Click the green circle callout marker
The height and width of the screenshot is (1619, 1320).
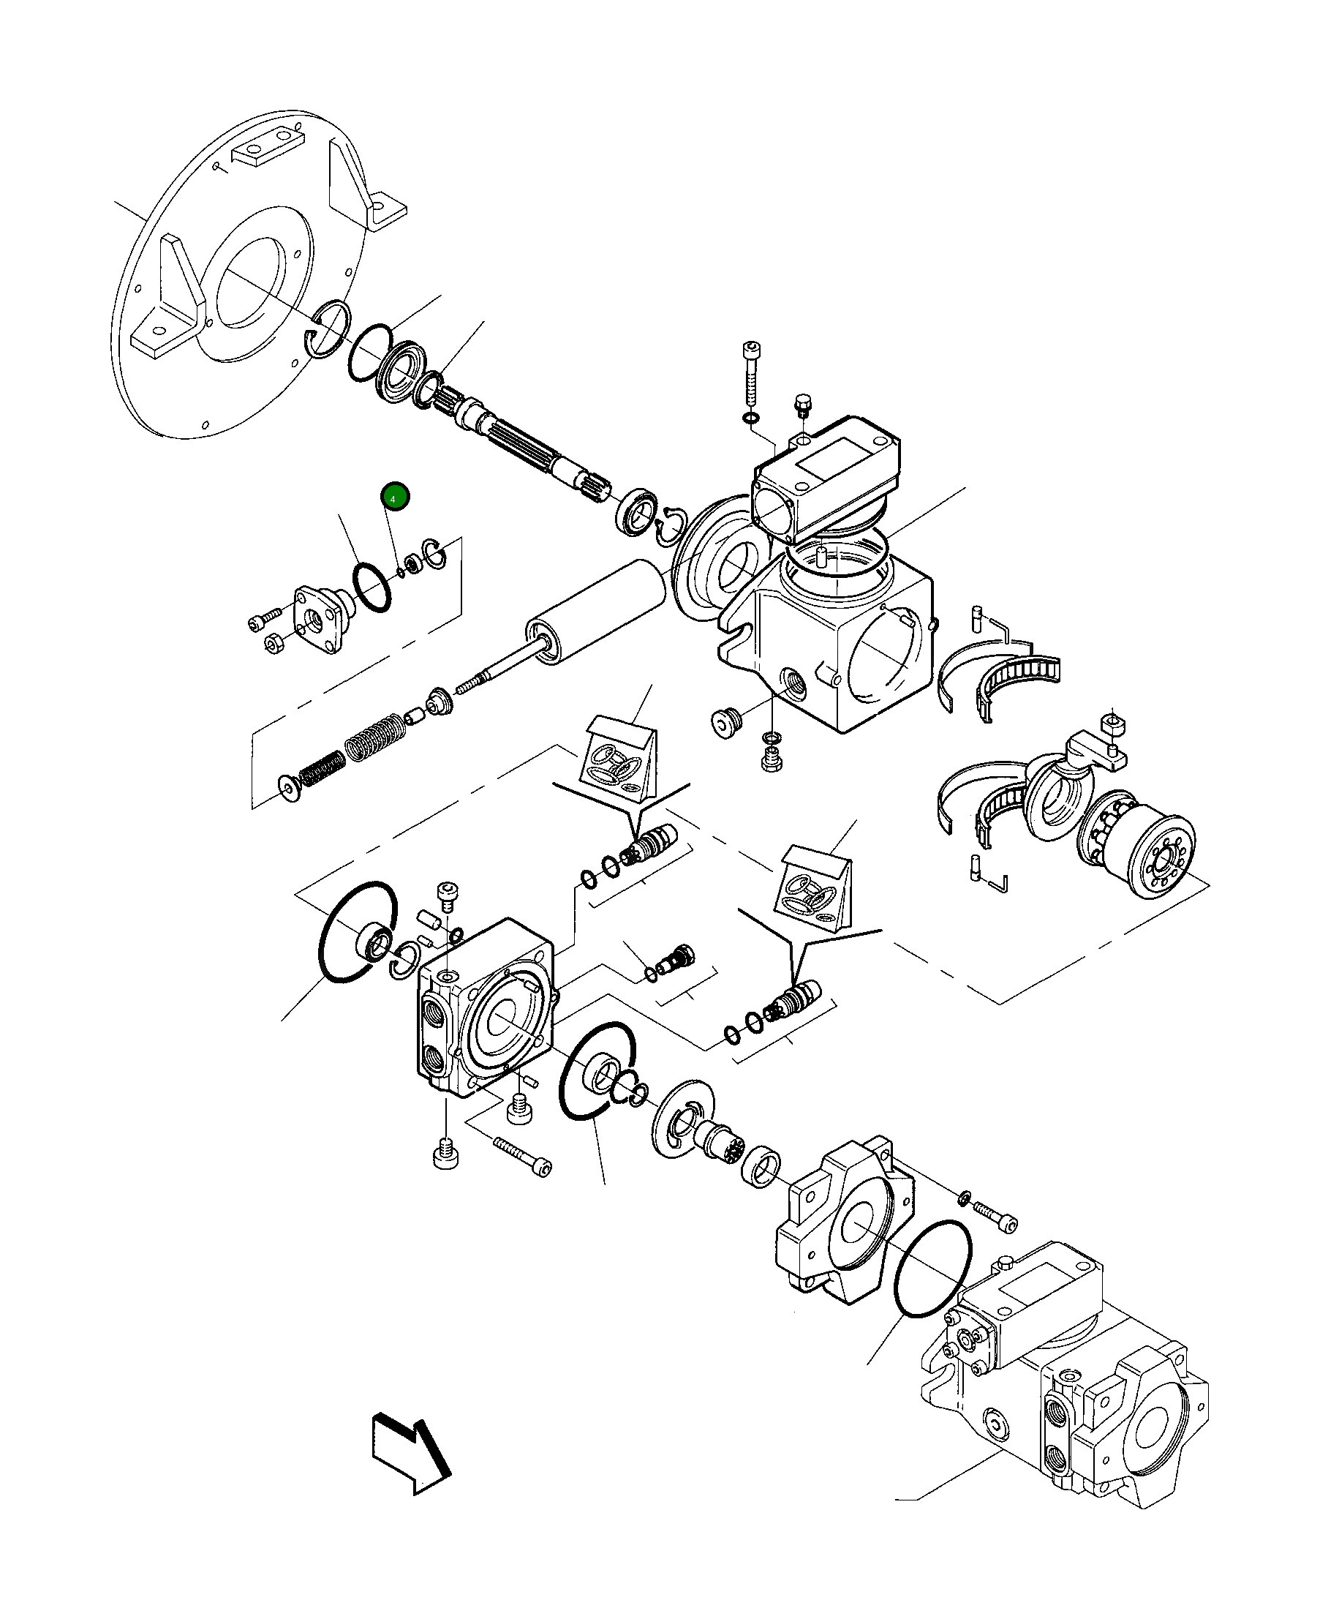pyautogui.click(x=395, y=497)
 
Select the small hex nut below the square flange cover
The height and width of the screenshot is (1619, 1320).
pyautogui.click(x=274, y=644)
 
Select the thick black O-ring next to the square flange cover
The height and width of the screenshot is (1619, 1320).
pyautogui.click(x=372, y=586)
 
